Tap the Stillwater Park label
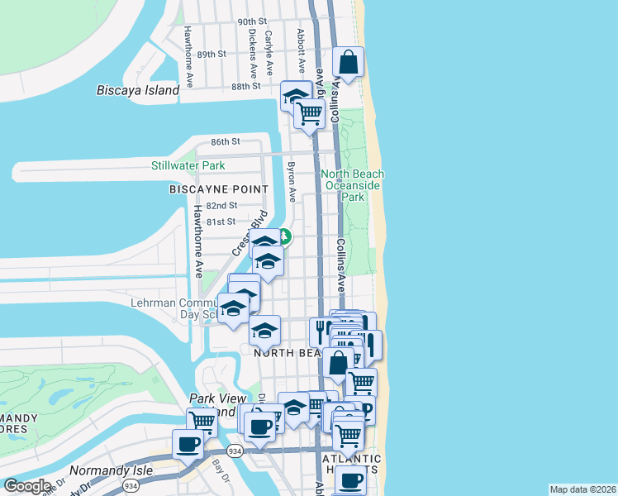[188, 165]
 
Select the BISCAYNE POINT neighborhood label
[219, 189]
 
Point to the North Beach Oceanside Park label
[354, 186]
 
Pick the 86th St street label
[225, 141]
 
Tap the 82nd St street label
[221, 205]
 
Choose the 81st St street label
[221, 222]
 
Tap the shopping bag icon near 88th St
[349, 62]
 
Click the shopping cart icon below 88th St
[310, 113]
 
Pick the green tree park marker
[285, 236]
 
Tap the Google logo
[27, 485]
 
